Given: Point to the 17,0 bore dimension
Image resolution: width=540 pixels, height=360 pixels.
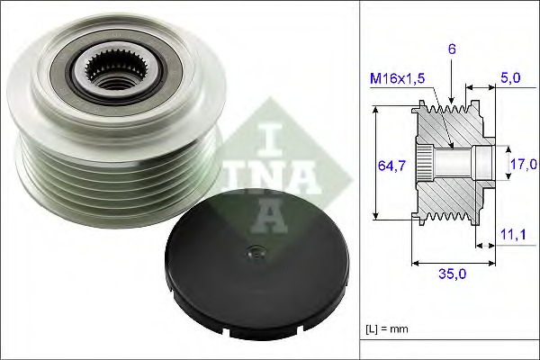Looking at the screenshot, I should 523,164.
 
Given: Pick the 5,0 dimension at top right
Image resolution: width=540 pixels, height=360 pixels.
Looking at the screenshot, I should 510,78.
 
